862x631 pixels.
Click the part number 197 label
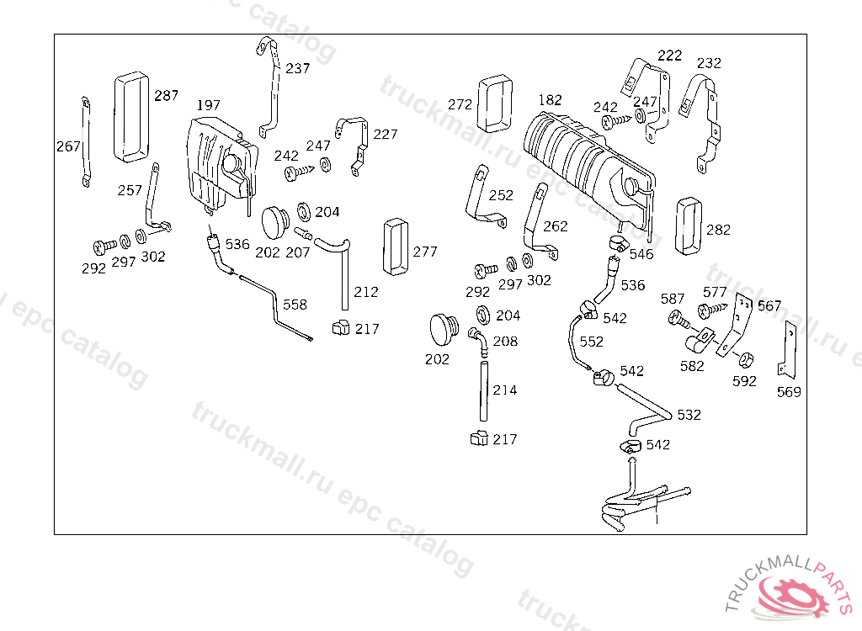click(x=208, y=106)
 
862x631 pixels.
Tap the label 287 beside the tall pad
click(x=166, y=96)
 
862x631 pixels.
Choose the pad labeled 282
click(x=688, y=225)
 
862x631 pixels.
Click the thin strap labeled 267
click(x=85, y=141)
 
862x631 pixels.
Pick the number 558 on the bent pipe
click(x=295, y=305)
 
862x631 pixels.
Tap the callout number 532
click(x=689, y=416)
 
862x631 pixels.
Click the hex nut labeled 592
click(x=744, y=360)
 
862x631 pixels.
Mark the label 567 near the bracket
click(x=769, y=306)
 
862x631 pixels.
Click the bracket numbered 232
click(x=704, y=118)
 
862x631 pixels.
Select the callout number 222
click(x=670, y=56)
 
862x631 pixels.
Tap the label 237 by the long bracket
click(x=297, y=69)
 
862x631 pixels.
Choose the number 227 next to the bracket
click(x=386, y=135)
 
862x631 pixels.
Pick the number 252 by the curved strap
click(x=501, y=195)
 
